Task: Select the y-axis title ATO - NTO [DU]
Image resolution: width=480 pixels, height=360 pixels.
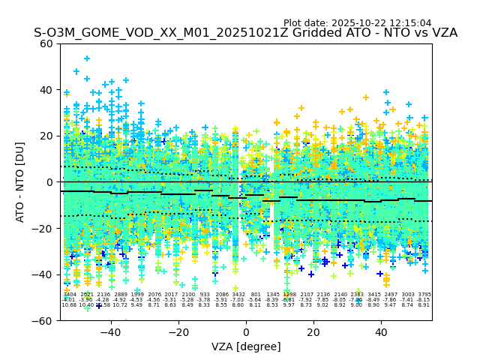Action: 20,181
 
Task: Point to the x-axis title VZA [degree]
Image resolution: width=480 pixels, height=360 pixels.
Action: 245,346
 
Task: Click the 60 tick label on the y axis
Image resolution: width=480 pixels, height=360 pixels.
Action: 47,43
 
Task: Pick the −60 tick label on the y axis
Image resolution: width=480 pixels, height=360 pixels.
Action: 43,320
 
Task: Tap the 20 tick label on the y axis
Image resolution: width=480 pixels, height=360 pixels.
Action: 47,136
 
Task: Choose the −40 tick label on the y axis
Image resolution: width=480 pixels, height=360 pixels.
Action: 43,274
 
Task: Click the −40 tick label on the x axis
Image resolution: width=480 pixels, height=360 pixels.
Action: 111,332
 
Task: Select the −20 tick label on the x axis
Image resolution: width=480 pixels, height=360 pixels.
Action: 178,332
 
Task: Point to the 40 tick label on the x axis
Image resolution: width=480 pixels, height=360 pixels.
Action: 381,332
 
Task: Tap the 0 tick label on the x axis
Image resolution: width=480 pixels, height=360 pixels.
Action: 246,332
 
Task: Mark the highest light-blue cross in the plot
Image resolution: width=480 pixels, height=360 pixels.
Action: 87,58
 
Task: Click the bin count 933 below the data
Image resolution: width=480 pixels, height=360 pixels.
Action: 205,295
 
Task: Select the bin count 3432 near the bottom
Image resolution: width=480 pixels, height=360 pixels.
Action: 238,295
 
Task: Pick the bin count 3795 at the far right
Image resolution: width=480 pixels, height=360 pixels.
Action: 424,295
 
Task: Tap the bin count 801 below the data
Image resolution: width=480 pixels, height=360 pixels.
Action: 256,295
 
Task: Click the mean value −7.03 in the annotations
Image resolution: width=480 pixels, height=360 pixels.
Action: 238,300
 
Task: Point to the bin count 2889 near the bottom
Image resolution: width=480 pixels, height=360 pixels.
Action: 121,295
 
